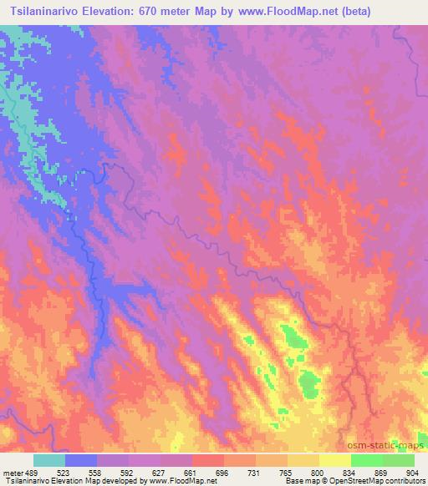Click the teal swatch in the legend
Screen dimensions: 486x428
tap(49, 460)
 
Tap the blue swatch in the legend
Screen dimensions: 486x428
tap(81, 460)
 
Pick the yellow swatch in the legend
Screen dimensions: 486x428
tap(335, 460)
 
